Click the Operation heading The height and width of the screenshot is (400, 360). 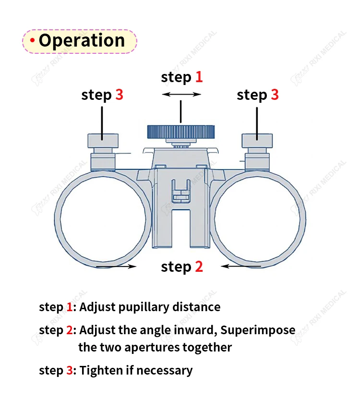[82, 41]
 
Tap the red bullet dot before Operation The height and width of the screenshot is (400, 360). [32, 41]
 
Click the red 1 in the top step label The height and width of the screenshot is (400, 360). [198, 77]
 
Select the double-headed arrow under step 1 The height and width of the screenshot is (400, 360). [181, 95]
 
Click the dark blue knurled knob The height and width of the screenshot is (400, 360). [180, 131]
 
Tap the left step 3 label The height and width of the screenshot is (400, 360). [102, 95]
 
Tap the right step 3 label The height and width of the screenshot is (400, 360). [257, 95]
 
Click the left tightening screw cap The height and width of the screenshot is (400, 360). [102, 140]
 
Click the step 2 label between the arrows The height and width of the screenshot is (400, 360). [182, 267]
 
